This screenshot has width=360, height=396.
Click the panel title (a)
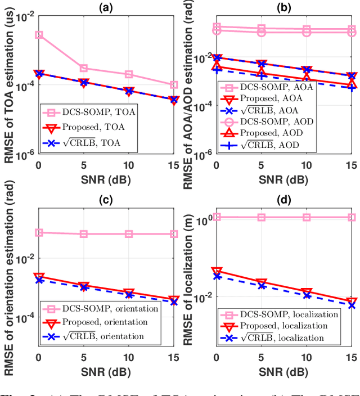(105, 7)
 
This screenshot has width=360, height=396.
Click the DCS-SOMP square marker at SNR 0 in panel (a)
(38, 34)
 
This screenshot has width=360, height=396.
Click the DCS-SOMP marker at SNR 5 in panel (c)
(83, 234)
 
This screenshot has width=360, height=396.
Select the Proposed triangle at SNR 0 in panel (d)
(217, 272)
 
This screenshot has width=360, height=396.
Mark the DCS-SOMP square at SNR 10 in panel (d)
(307, 217)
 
